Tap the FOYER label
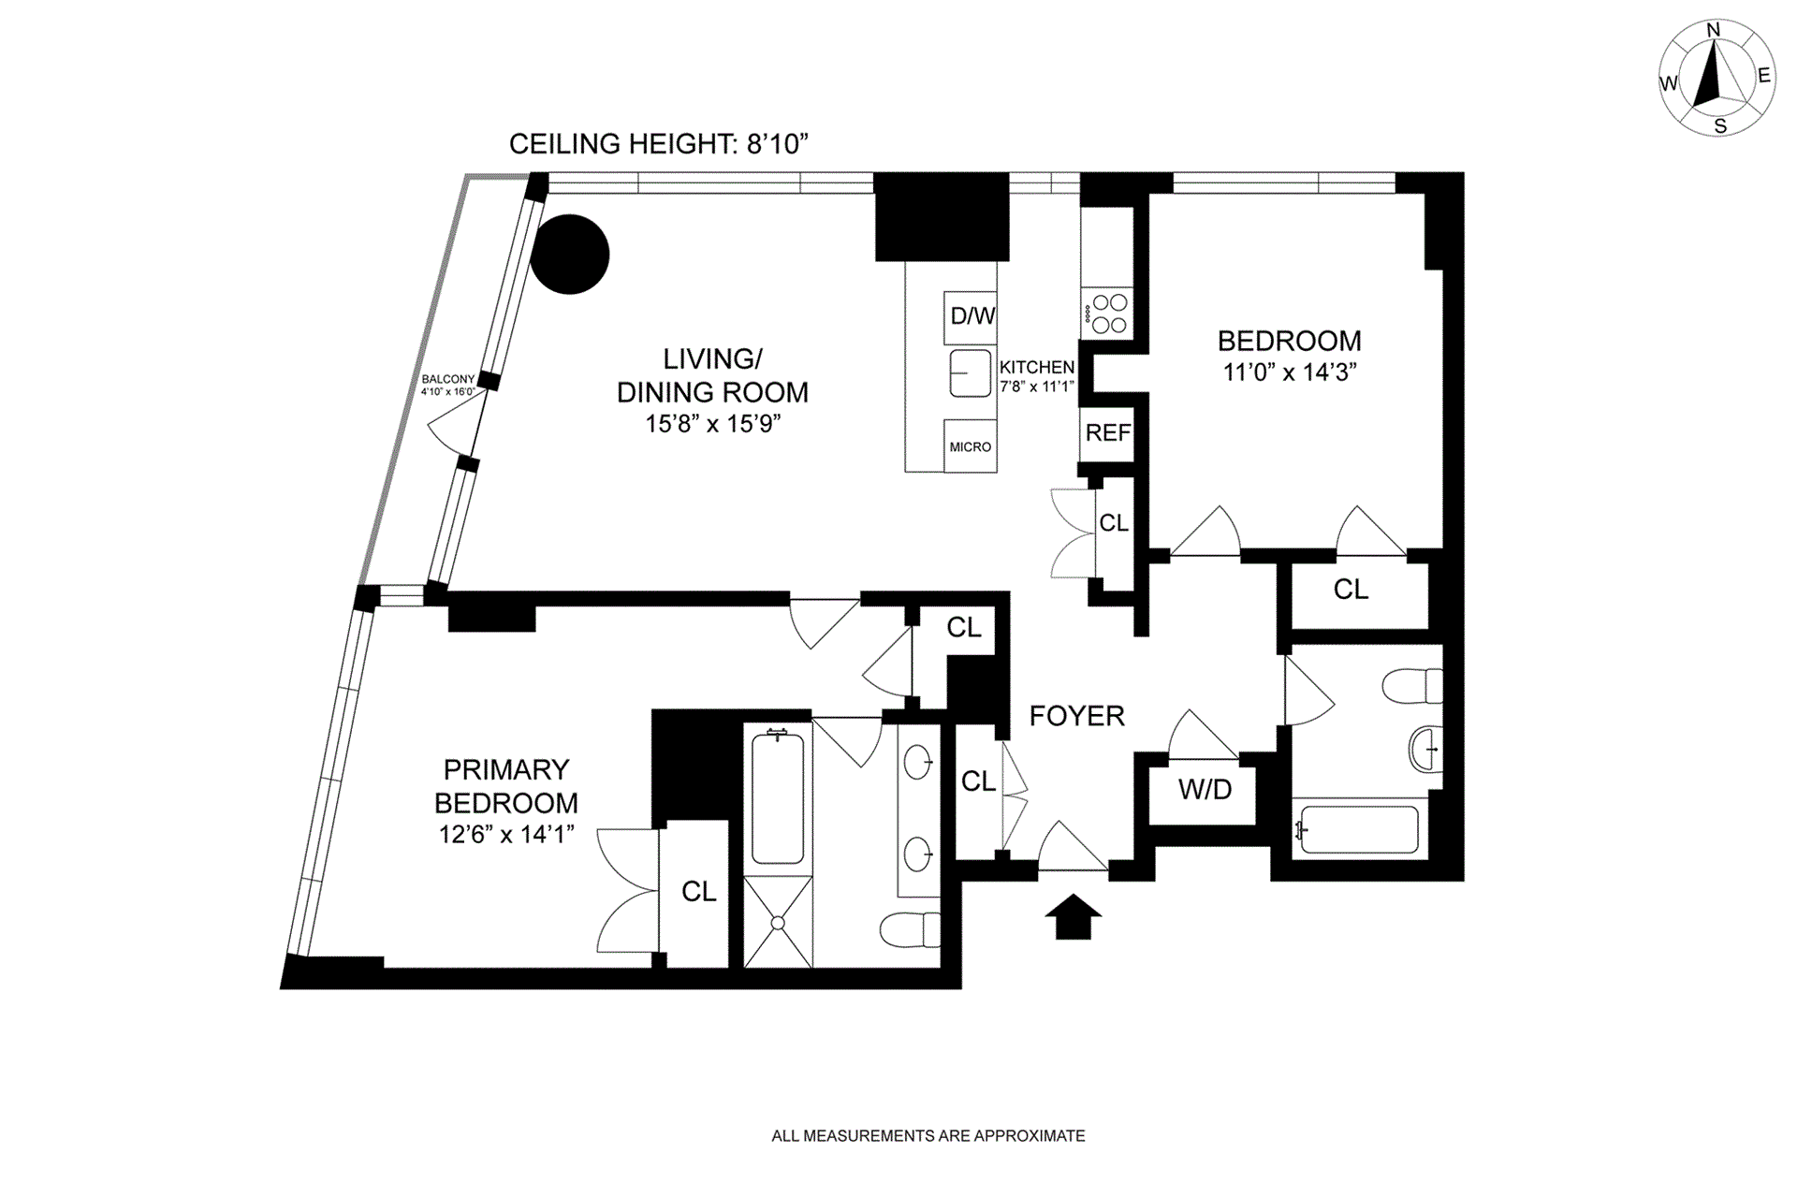click(x=1076, y=716)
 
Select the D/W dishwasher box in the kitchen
click(x=972, y=316)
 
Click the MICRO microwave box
click(x=970, y=446)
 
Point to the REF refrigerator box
click(x=1107, y=433)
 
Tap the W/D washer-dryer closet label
click(x=1205, y=790)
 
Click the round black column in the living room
click(x=570, y=254)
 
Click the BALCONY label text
click(x=447, y=379)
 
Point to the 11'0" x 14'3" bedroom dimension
click(x=1290, y=372)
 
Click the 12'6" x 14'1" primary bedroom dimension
click(x=506, y=834)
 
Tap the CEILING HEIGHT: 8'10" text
click(x=658, y=143)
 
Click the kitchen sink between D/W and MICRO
click(x=971, y=373)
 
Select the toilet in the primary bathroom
click(x=910, y=929)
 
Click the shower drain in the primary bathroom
click(x=778, y=923)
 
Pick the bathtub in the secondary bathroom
click(x=1360, y=828)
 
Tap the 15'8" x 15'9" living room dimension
click(x=712, y=424)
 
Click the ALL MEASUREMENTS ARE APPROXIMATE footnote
click(x=928, y=1136)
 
